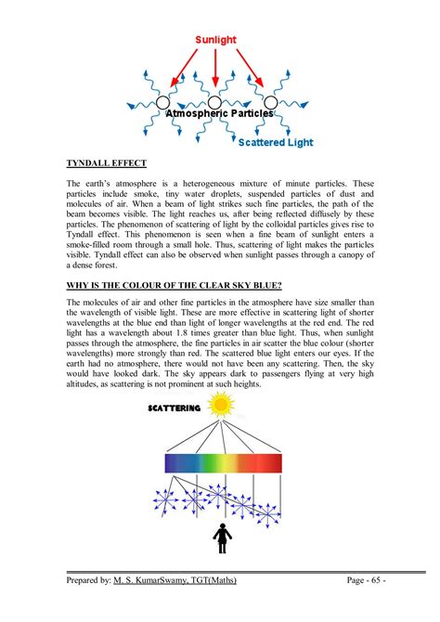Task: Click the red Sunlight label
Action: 214,40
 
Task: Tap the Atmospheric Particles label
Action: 219,112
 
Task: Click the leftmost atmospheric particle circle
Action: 163,101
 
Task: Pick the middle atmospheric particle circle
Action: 215,101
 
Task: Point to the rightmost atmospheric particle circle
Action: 270,101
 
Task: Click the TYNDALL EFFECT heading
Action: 105,163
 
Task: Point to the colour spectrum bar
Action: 223,462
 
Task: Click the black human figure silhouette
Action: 223,536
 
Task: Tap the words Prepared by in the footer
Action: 88,580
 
